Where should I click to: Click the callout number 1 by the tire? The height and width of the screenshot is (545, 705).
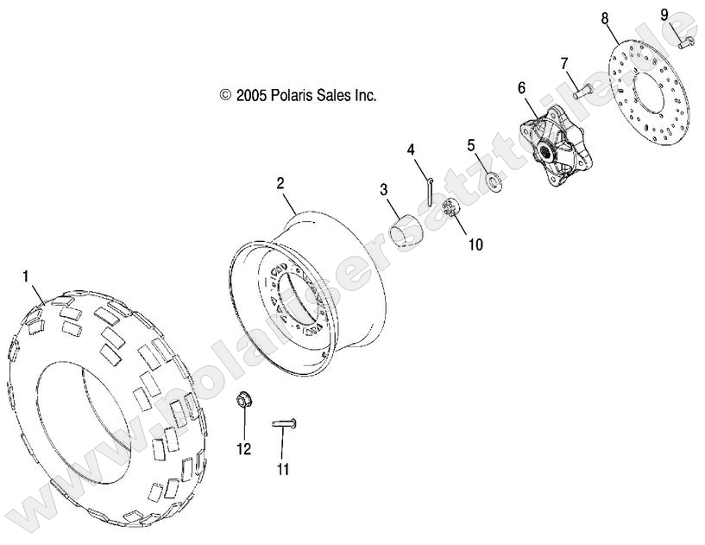(27, 276)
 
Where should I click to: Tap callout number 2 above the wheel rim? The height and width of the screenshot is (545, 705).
(280, 183)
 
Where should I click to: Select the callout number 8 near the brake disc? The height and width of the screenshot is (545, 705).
(605, 18)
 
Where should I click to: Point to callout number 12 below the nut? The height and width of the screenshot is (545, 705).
(244, 448)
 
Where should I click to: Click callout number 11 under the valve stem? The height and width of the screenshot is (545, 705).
(283, 470)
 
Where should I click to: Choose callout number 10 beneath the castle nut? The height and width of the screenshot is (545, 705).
(475, 244)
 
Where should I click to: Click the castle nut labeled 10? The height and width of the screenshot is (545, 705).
(450, 209)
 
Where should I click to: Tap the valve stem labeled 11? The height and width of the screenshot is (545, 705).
(283, 422)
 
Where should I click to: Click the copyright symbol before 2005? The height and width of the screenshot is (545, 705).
(226, 95)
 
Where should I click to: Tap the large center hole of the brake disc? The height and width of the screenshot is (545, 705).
(651, 100)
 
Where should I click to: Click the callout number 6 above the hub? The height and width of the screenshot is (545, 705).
(521, 87)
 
